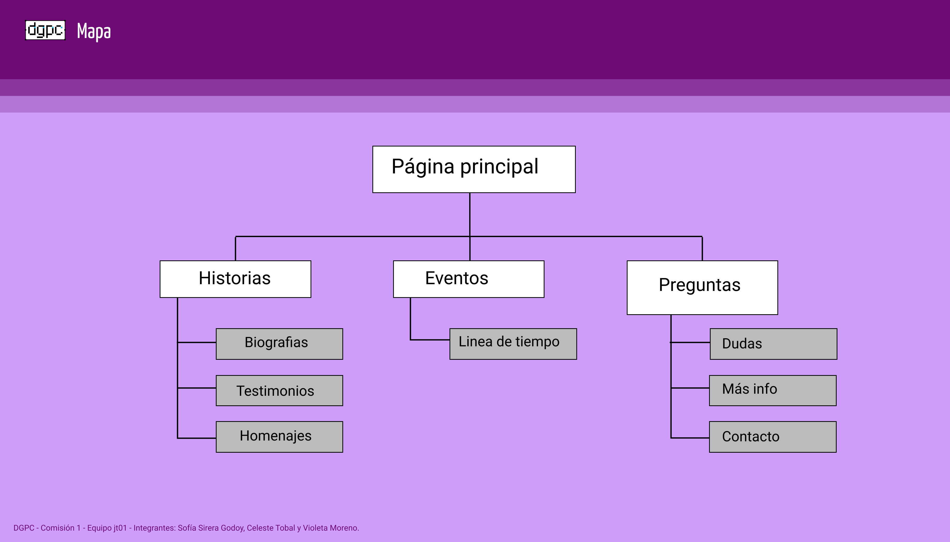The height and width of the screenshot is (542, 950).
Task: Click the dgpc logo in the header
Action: click(45, 30)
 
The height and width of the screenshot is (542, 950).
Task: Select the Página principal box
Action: click(474, 169)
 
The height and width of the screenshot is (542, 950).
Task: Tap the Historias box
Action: click(235, 279)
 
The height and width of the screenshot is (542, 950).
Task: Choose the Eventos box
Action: click(468, 279)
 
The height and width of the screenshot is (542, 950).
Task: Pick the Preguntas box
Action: click(702, 287)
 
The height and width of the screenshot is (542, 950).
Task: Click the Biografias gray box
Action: click(279, 343)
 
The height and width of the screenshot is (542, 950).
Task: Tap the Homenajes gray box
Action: click(279, 437)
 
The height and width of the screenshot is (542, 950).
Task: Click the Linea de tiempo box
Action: click(513, 343)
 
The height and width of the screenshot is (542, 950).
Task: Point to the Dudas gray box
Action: click(773, 343)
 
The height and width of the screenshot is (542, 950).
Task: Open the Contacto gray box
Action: click(772, 437)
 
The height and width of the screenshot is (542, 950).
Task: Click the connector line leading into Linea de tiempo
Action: click(430, 340)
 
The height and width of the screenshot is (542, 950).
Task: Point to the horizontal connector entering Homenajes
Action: click(196, 438)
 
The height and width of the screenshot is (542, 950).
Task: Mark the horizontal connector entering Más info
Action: click(690, 388)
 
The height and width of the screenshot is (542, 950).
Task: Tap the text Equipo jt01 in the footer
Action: click(107, 528)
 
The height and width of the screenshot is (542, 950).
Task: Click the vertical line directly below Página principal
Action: click(470, 214)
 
